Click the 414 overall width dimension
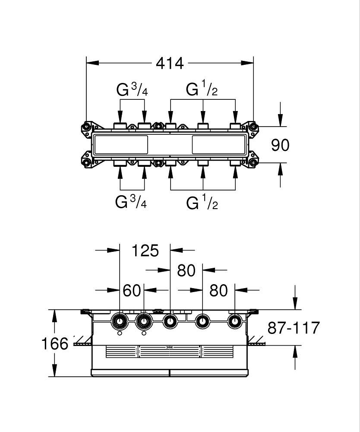pyautogui.click(x=170, y=63)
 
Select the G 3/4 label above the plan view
pyautogui.click(x=132, y=89)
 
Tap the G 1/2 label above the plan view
pyautogui.click(x=202, y=89)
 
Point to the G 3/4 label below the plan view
pyautogui.click(x=131, y=202)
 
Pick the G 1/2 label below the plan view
pyautogui.click(x=202, y=203)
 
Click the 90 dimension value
pyautogui.click(x=280, y=145)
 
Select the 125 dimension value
pyautogui.click(x=145, y=251)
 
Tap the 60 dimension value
pyautogui.click(x=132, y=291)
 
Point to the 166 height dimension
pyautogui.click(x=55, y=344)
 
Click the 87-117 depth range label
pyautogui.click(x=294, y=328)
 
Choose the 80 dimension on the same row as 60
pyautogui.click(x=218, y=291)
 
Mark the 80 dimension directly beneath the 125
pyautogui.click(x=186, y=271)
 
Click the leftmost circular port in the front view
pyautogui.click(x=119, y=321)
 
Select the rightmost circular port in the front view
pyautogui.click(x=235, y=321)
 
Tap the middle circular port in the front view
pyautogui.click(x=170, y=321)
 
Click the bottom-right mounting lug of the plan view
pyautogui.click(x=253, y=163)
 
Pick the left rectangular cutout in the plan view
pyautogui.click(x=121, y=144)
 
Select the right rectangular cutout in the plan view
pyautogui.click(x=218, y=144)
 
